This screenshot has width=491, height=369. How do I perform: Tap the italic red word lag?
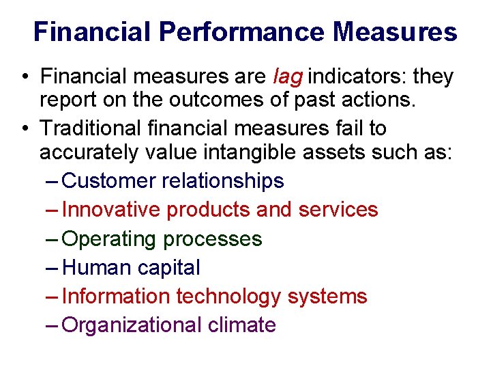(x=286, y=77)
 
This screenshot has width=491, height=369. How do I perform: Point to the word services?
(x=338, y=210)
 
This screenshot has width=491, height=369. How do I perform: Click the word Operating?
(x=109, y=238)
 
